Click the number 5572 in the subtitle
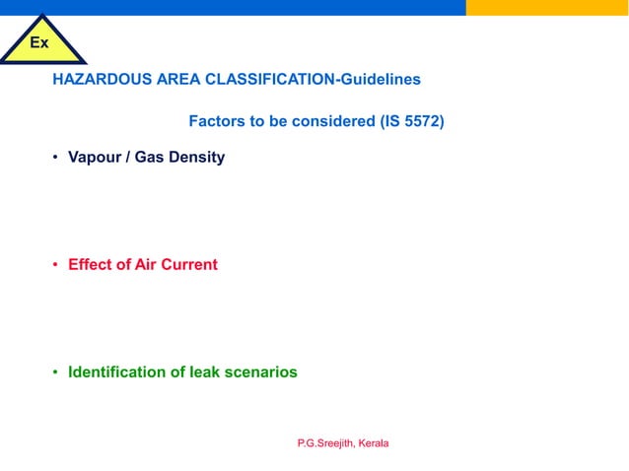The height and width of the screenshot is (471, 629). tap(420, 123)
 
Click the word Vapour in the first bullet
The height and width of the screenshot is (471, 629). tap(93, 158)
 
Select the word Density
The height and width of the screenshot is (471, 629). tap(196, 158)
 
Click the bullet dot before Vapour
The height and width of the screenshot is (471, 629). tap(56, 158)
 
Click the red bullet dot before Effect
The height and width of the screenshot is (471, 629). tap(56, 265)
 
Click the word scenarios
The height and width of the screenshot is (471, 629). tap(261, 372)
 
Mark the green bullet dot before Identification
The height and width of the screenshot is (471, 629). tap(56, 372)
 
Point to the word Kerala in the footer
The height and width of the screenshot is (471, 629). tap(374, 443)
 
